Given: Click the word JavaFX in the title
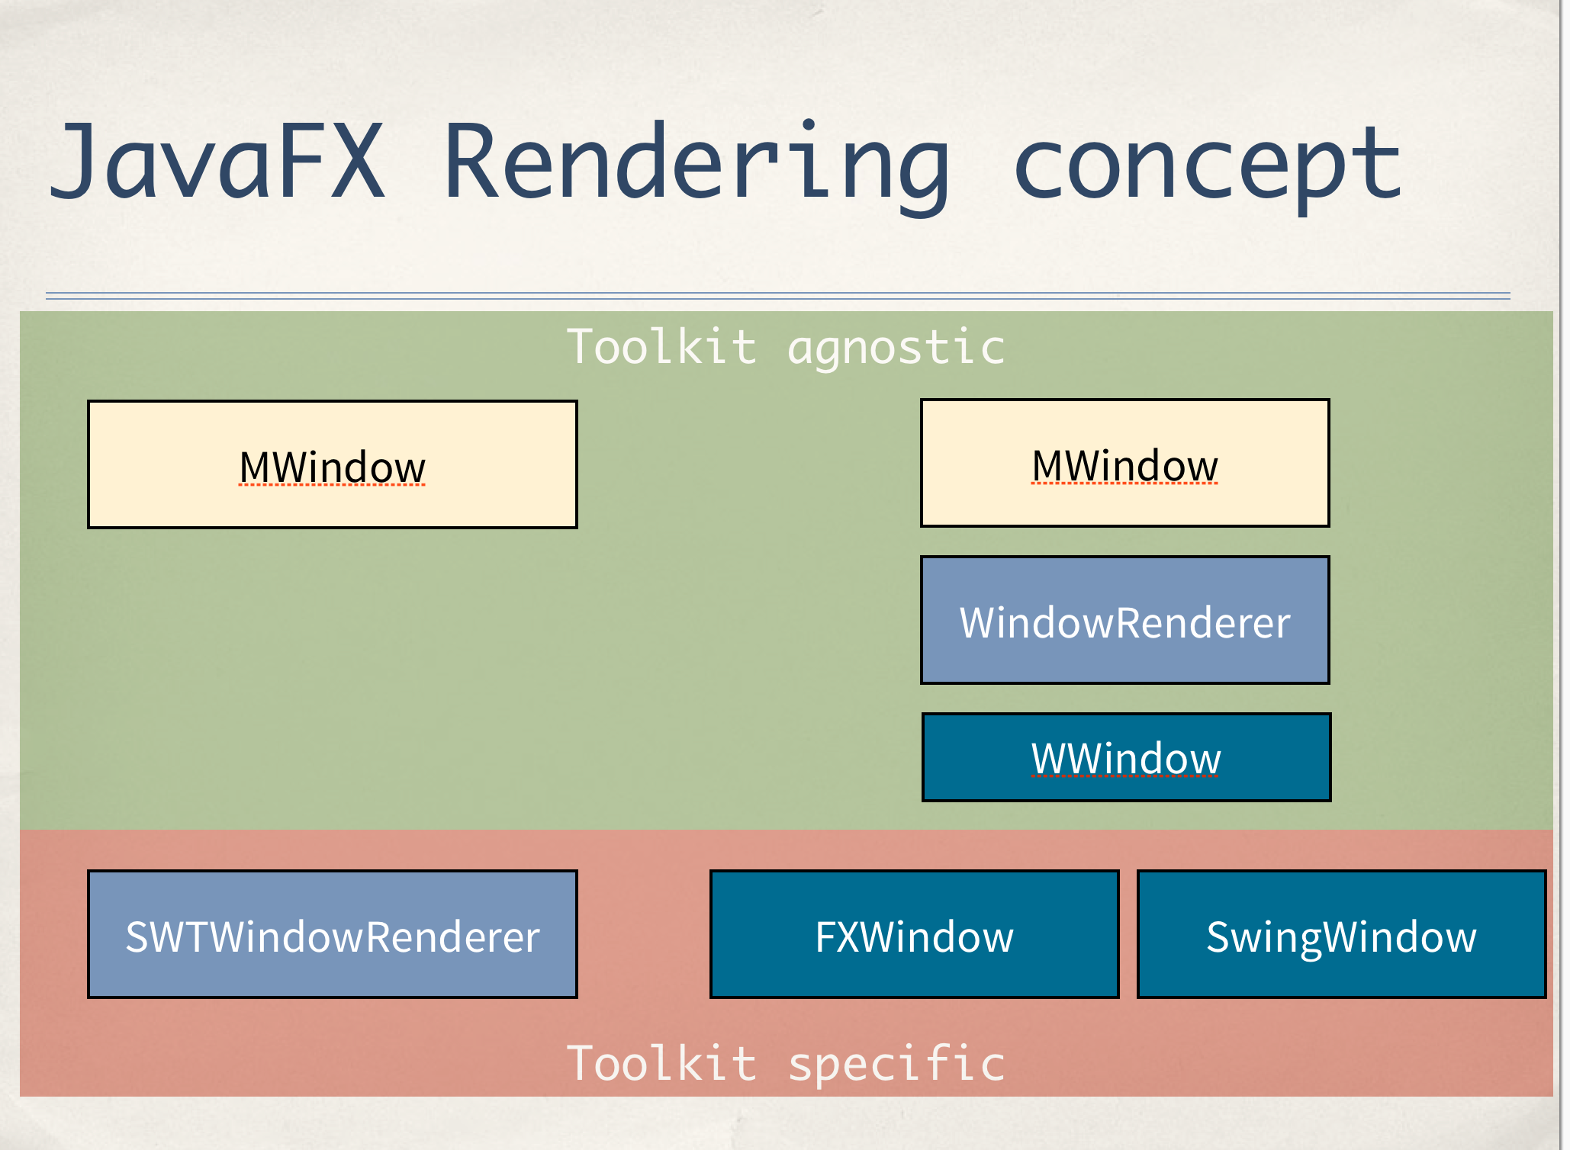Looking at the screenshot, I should pos(217,162).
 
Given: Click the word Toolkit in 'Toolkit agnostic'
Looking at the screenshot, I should pos(661,348).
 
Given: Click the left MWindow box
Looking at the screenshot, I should pos(333,464).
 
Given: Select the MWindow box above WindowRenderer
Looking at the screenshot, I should pos(1125,463).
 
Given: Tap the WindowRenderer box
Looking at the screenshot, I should pos(1125,620).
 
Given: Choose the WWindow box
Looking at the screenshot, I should pos(1126,757).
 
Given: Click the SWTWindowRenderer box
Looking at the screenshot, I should pos(333,934).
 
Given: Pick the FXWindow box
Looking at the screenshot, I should pos(914,934).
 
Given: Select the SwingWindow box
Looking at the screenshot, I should pos(1341,934).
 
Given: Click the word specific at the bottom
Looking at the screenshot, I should pos(896,1064).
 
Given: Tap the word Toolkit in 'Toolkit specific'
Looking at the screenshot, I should pos(661,1063).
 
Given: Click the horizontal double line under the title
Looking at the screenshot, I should pos(778,296).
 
